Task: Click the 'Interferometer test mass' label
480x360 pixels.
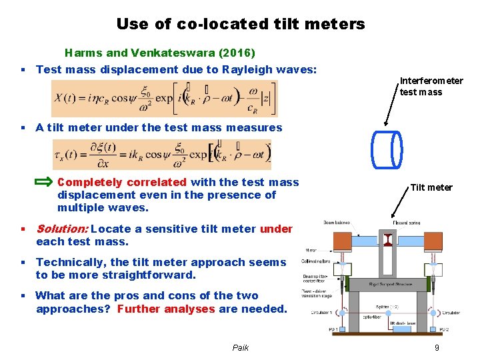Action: click(431, 87)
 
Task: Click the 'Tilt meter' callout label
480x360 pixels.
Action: click(431, 187)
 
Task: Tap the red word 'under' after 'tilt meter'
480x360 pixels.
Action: click(275, 229)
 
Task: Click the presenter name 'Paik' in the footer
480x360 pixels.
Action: click(240, 347)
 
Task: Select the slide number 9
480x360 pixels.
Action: click(436, 347)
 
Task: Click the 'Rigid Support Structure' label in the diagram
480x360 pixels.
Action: click(390, 284)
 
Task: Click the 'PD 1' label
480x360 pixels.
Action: click(314, 329)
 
